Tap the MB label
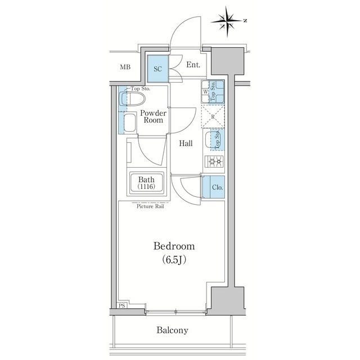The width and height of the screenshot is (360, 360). point(125,67)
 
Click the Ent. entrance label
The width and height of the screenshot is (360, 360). point(193,65)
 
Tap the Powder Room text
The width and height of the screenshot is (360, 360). point(152,116)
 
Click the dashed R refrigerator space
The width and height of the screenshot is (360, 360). point(214,117)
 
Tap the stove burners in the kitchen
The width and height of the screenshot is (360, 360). point(214,162)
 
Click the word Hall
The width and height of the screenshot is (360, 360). point(186,143)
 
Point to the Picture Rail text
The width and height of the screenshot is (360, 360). point(149,206)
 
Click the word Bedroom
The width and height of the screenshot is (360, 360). point(174,246)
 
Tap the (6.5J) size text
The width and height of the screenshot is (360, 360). point(174,260)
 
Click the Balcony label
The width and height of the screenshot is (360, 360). point(172,330)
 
